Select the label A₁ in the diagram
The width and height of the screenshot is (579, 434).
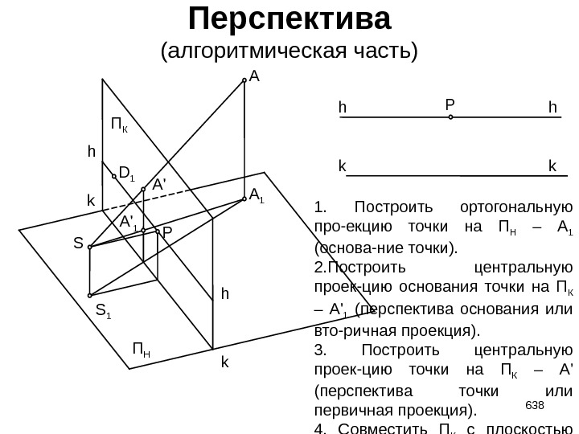coord(257,195)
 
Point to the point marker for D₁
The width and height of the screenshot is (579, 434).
coord(114,174)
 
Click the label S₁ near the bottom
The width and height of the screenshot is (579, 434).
coord(104,311)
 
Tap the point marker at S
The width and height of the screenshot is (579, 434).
coord(90,247)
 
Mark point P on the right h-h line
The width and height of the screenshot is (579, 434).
coord(450,117)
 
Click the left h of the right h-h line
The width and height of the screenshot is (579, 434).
coord(342,107)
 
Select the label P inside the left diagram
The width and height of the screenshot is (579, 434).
coord(166,233)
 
